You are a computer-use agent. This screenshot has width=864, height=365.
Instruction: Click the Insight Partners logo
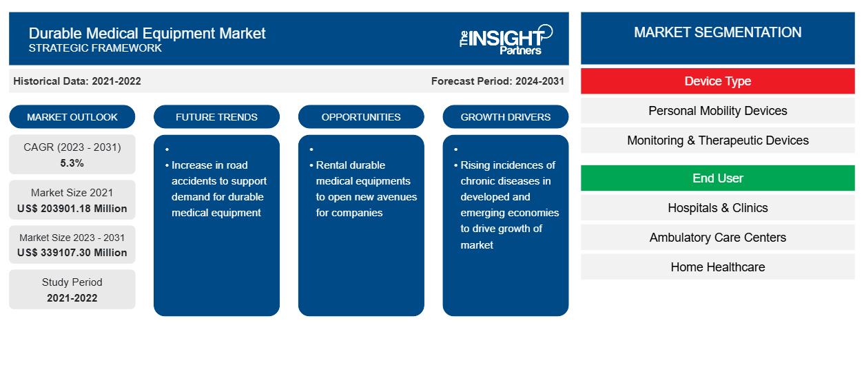tap(506, 39)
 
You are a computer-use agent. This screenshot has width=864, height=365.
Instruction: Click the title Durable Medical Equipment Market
tap(147, 32)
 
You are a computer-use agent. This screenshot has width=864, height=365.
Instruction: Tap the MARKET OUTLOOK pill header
tap(72, 117)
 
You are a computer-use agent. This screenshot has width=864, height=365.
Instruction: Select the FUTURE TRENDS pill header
tap(216, 117)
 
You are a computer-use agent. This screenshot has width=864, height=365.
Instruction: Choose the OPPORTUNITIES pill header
tap(361, 117)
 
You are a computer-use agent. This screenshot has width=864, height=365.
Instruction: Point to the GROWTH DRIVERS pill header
tap(506, 117)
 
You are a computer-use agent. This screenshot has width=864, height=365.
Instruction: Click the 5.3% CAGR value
tap(72, 163)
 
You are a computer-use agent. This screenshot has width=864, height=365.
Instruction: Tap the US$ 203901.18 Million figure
tap(72, 208)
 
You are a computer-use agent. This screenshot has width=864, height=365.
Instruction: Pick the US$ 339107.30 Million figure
tap(72, 253)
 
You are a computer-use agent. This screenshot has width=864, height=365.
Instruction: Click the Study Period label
tap(72, 282)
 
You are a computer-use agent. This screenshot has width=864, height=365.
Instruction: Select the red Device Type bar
tap(717, 81)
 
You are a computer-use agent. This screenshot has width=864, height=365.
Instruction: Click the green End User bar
tap(717, 178)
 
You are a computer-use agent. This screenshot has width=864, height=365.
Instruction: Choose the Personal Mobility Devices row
tap(717, 111)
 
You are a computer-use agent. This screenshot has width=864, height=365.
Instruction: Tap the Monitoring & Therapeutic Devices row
tap(717, 140)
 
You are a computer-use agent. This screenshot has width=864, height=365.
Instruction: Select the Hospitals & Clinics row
tap(717, 208)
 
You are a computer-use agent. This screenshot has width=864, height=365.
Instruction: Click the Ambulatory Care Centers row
tap(717, 238)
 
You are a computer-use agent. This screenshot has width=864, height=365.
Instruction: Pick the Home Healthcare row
tap(717, 267)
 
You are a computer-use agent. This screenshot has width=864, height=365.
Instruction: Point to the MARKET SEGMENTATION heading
tap(717, 32)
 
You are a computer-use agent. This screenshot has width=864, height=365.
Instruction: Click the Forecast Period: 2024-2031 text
tap(497, 81)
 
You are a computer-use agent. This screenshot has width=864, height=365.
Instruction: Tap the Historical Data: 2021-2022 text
tap(77, 81)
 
